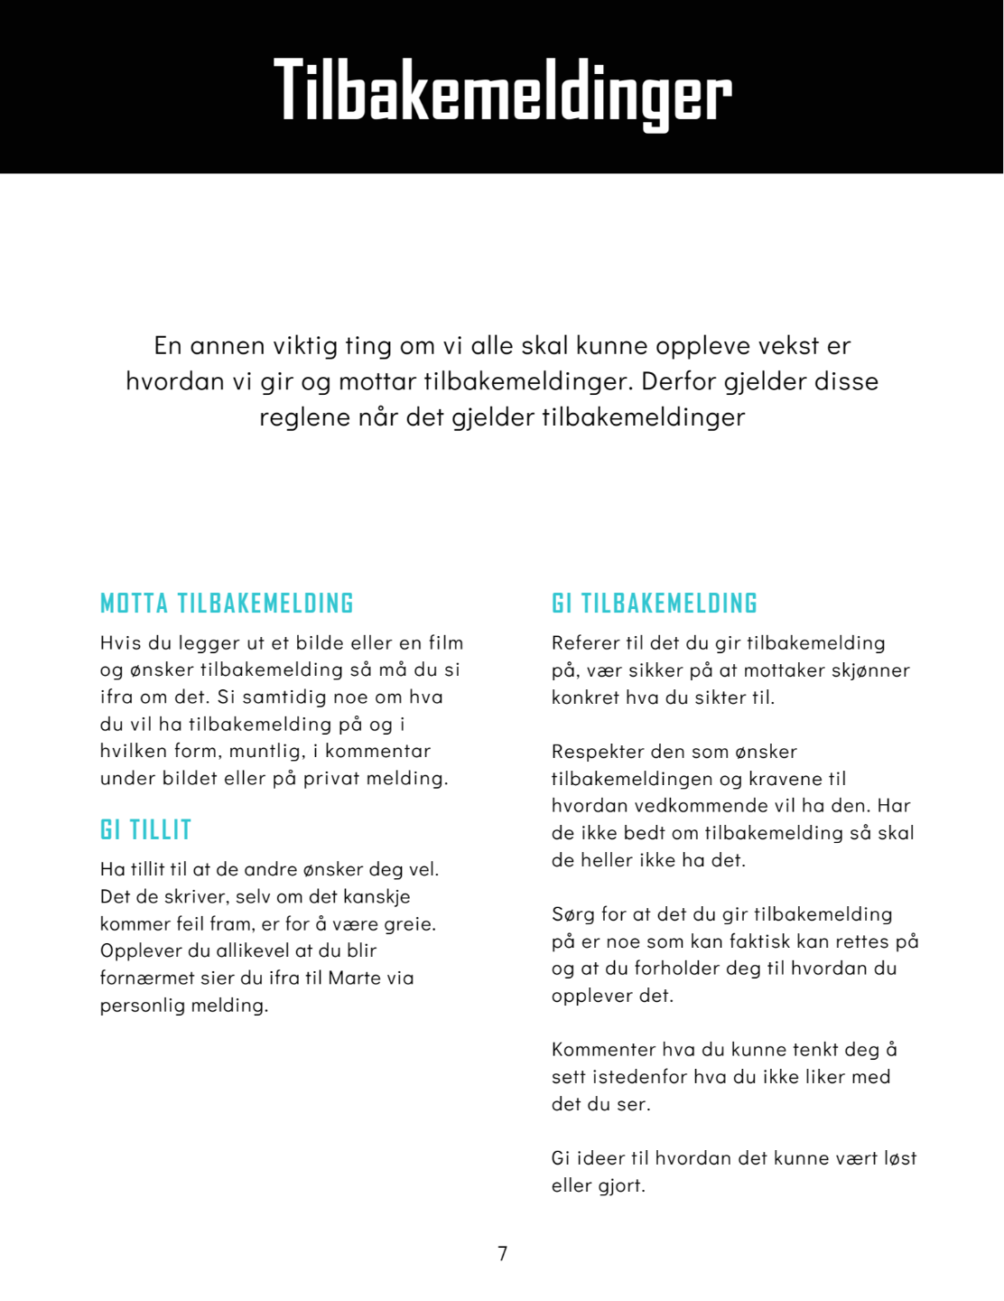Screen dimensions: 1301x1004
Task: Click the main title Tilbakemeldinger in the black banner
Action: (x=502, y=91)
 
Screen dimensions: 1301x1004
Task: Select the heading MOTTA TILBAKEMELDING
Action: (x=227, y=604)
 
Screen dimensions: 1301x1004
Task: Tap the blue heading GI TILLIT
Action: (x=146, y=830)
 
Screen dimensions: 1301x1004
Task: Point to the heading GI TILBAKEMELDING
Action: (x=655, y=604)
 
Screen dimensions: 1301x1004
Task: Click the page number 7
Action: (x=503, y=1253)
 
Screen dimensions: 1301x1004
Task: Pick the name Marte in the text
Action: (x=356, y=978)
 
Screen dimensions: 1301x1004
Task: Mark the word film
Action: (x=446, y=643)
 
